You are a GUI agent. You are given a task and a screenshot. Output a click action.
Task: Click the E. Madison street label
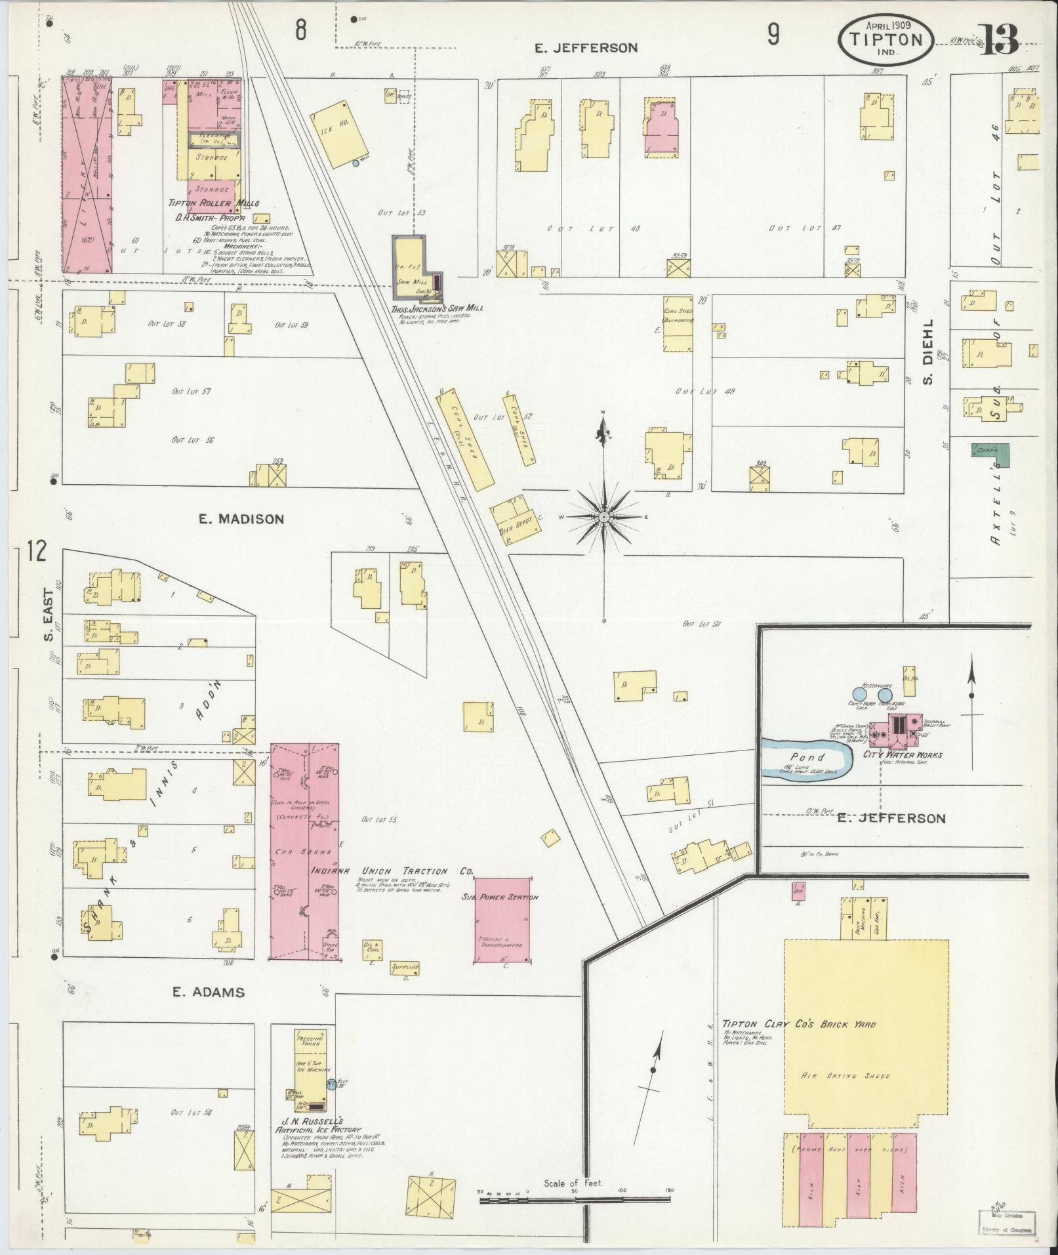pos(241,519)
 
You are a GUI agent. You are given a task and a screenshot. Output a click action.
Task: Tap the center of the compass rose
pos(603,517)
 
